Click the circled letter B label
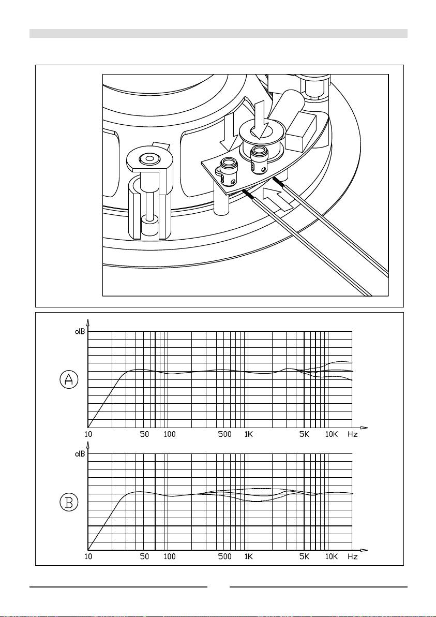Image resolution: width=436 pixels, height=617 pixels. click(x=69, y=502)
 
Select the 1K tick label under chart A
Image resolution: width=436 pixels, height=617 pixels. click(x=248, y=434)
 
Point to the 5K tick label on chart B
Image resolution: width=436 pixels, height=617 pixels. click(x=304, y=557)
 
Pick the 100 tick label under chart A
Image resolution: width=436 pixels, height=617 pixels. click(x=169, y=434)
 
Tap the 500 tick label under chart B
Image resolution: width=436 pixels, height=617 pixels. click(x=225, y=557)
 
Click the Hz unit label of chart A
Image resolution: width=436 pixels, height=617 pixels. click(x=353, y=434)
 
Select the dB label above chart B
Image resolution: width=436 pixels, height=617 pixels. click(x=80, y=454)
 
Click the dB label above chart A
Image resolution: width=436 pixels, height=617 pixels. click(x=80, y=331)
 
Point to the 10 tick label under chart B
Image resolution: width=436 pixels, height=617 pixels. click(x=88, y=557)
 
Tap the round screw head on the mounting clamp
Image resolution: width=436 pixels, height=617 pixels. click(x=149, y=159)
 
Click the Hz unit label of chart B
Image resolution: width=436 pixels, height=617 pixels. click(x=353, y=557)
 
